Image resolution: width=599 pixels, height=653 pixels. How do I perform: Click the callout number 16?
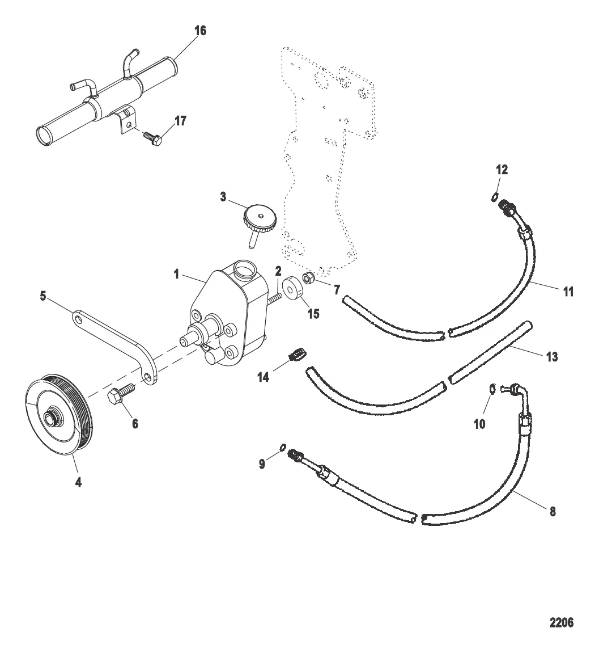pos(200,31)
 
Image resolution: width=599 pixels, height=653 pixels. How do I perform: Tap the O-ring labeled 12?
pos(494,196)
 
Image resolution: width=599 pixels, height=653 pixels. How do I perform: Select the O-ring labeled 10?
pos(492,389)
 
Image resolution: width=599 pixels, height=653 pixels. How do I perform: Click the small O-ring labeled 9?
pos(282,447)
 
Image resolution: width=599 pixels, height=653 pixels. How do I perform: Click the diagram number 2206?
pos(561,623)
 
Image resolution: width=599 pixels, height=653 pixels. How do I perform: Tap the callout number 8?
pos(553,511)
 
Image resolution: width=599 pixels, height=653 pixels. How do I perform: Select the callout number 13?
pos(551,357)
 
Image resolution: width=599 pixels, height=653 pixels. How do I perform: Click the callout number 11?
pos(568,292)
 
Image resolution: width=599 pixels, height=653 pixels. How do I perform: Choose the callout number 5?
pos(43,296)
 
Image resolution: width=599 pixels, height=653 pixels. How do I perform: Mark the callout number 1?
pos(176,275)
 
